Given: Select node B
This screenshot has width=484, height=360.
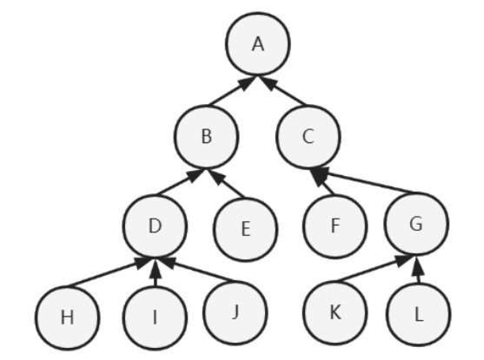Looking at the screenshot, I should point(206,136).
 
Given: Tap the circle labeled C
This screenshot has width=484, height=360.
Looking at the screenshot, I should point(308,136).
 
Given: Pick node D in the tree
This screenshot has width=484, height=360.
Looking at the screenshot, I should point(156,226).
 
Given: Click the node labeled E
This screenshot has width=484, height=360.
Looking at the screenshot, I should point(245,229).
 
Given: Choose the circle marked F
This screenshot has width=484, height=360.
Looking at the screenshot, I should point(335,226).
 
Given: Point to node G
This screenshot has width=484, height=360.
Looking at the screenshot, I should point(416,224).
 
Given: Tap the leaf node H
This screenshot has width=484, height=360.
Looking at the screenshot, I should point(67,317).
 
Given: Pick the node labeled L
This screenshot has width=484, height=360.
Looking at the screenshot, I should point(418,315).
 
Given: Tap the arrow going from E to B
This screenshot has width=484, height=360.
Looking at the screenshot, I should point(229,184).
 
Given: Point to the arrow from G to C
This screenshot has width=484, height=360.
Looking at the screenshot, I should point(365,181).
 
